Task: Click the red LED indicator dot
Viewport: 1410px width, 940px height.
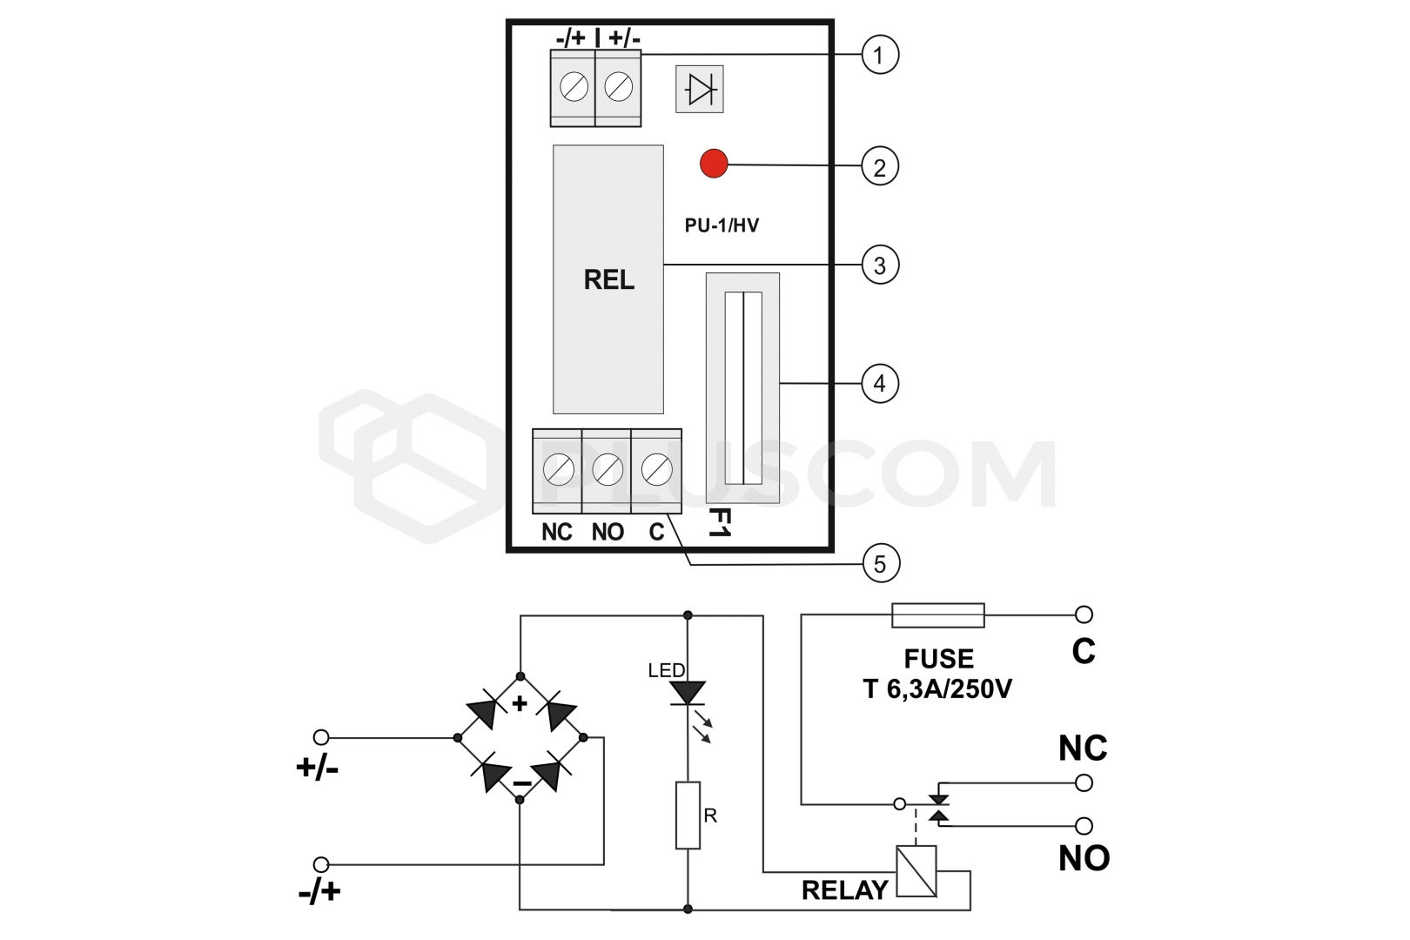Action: (x=714, y=164)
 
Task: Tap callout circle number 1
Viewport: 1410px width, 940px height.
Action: (x=879, y=55)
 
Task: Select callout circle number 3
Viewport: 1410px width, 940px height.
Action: (x=879, y=265)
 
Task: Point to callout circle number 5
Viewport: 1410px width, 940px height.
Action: (x=879, y=564)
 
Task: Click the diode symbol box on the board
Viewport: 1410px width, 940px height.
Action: (x=700, y=89)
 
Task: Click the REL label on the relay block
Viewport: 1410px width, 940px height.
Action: (x=608, y=279)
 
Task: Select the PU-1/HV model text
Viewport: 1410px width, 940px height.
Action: (x=722, y=225)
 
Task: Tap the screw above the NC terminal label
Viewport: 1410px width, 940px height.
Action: (x=558, y=470)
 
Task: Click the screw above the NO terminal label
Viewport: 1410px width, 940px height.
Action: (x=608, y=470)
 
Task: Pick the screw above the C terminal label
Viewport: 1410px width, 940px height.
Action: (x=656, y=470)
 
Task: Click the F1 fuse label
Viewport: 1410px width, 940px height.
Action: (x=719, y=522)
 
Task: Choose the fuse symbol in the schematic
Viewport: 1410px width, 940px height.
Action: (x=938, y=615)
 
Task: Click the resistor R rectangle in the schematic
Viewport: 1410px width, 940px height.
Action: (x=688, y=815)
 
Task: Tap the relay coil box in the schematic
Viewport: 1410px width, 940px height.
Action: (x=916, y=871)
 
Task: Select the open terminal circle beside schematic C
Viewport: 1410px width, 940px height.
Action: (x=1084, y=614)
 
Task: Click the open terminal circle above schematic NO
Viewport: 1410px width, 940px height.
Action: (x=1084, y=825)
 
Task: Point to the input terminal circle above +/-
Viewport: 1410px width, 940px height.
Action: (x=321, y=737)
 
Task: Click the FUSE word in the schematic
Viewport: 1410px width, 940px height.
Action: (x=938, y=659)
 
